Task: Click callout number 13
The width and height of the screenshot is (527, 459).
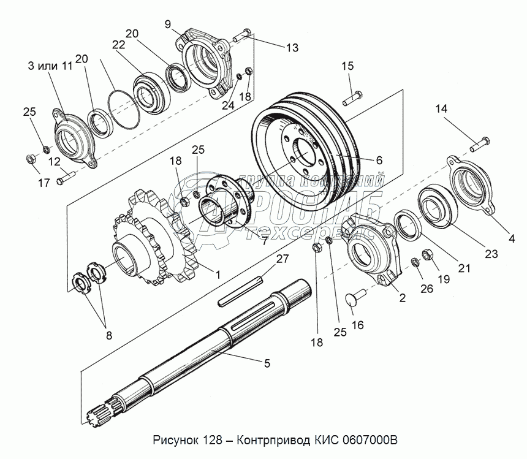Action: click(x=292, y=48)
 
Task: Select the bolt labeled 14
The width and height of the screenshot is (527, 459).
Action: click(x=480, y=144)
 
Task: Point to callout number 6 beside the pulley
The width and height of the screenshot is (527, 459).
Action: click(x=379, y=161)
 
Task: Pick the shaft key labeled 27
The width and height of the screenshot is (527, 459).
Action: click(x=240, y=291)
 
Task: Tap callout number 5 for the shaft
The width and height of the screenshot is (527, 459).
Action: click(x=267, y=363)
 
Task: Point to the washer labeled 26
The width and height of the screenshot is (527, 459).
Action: click(x=415, y=262)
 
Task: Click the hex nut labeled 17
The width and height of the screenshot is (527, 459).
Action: click(x=31, y=159)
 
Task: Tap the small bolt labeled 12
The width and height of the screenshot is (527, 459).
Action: click(x=65, y=178)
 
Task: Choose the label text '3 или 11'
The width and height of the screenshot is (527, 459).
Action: click(x=50, y=66)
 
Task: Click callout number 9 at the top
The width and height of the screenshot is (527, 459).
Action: click(x=168, y=24)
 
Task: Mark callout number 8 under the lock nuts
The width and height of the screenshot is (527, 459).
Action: click(x=109, y=335)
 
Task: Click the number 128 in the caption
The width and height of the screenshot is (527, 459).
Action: click(x=213, y=440)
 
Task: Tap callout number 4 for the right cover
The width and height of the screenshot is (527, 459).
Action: click(x=512, y=238)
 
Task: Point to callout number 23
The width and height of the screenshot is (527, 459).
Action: click(x=491, y=254)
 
